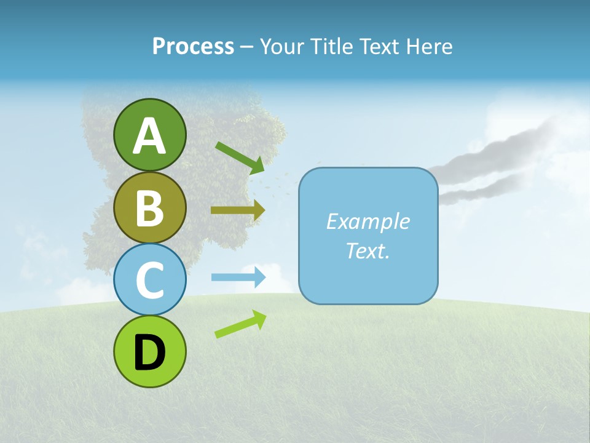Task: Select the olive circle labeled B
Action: click(149, 207)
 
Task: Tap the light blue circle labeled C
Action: click(149, 279)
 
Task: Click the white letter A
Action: click(149, 136)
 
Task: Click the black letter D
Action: click(149, 353)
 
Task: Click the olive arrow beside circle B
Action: click(237, 210)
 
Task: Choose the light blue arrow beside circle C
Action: click(238, 277)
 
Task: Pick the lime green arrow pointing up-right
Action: click(240, 324)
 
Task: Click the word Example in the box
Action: click(368, 221)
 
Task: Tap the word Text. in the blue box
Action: click(368, 250)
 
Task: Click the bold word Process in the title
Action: click(193, 46)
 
